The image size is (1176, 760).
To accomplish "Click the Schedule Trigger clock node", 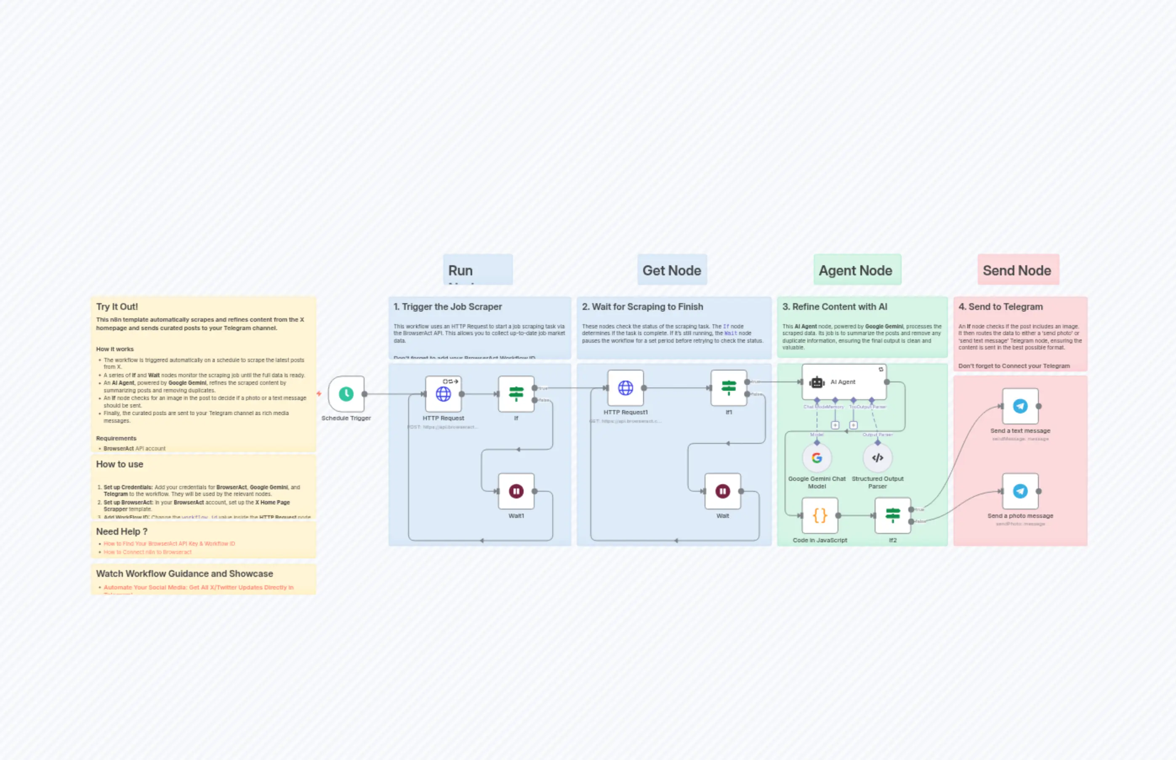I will tap(346, 394).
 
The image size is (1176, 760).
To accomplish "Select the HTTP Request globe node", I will tap(443, 394).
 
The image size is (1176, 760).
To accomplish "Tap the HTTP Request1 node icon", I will tap(625, 388).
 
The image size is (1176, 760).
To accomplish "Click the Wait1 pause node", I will tap(516, 491).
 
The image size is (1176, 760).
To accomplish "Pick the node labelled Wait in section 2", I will tap(722, 491).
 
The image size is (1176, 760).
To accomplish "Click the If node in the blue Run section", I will tap(516, 394).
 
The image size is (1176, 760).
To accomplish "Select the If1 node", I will tap(729, 388).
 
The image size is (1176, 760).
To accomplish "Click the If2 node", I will tap(892, 515).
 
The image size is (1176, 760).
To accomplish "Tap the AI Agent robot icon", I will tap(817, 382).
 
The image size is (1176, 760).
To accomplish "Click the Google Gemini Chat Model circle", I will tap(817, 458).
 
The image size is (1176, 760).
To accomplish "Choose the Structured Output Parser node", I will tap(877, 458).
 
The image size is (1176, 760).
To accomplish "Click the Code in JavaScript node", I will tap(819, 515).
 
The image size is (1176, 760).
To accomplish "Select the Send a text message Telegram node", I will tap(1020, 406).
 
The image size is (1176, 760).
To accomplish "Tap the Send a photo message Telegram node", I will tap(1020, 491).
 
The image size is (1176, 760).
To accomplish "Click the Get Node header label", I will tap(671, 270).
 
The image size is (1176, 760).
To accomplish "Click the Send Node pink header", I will tap(1017, 270).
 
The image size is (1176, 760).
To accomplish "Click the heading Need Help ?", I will tap(122, 531).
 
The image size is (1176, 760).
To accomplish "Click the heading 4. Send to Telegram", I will tap(1000, 307).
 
